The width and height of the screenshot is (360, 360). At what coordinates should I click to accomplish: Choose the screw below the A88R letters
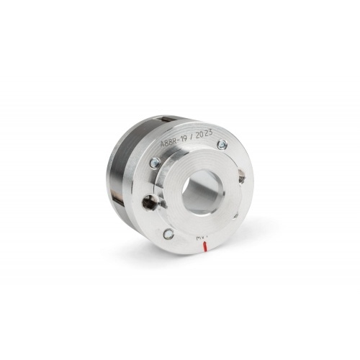pos(155,163)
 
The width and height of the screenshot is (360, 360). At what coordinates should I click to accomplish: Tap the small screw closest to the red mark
pos(168,233)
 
